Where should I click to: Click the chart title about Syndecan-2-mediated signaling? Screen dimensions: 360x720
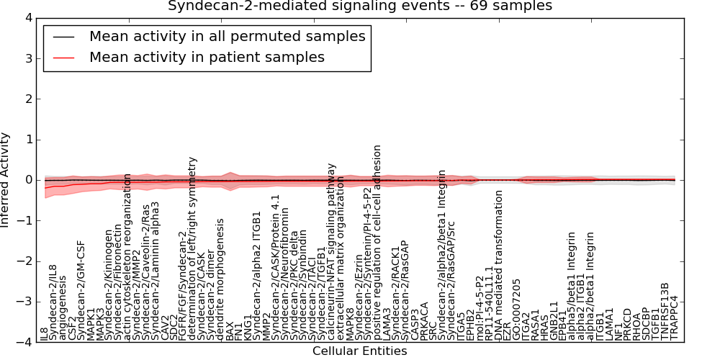[x=360, y=6]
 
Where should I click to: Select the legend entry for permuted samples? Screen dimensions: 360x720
[x=227, y=36]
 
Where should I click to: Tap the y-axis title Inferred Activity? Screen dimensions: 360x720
[x=6, y=180]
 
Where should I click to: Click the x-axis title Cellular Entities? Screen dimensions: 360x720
[x=360, y=351]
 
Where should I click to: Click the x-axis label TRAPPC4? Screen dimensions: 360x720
[x=675, y=318]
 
